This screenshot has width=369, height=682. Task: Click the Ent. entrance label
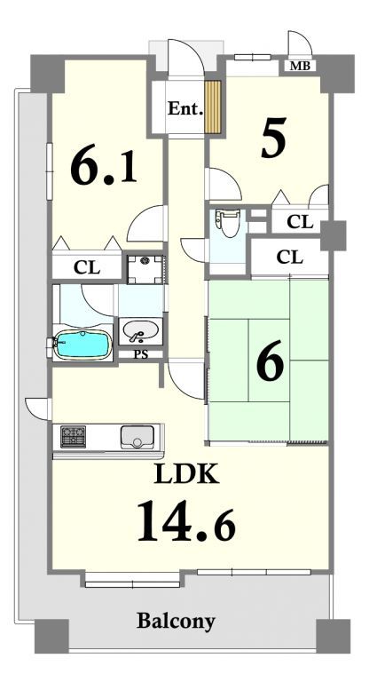tap(185, 108)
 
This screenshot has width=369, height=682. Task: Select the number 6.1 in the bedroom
tap(104, 167)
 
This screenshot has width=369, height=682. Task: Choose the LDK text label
tap(186, 475)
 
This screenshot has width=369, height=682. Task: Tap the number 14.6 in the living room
tap(186, 521)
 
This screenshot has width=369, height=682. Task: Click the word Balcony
tap(176, 621)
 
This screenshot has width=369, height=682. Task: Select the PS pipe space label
tap(141, 354)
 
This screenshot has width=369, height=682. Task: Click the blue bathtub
tap(81, 344)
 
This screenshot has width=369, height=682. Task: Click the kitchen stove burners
tap(73, 437)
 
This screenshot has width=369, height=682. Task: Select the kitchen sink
tap(137, 437)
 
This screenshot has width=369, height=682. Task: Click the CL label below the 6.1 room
tap(87, 267)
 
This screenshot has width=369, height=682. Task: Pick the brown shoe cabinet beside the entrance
tap(214, 107)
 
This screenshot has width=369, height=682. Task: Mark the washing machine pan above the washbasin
tap(145, 270)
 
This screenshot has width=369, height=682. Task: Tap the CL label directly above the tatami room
tap(289, 258)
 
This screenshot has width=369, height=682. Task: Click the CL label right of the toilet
tap(300, 222)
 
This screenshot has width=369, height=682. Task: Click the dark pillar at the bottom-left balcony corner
tap(51, 637)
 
